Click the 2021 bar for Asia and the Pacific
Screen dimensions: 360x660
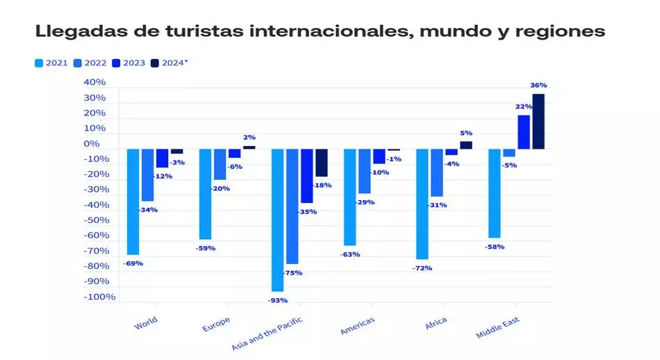tap(277, 220)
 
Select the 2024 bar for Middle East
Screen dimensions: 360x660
tap(538, 121)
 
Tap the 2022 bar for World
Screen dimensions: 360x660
tap(147, 174)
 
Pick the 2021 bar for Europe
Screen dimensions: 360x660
tap(205, 194)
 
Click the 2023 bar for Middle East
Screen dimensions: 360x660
tap(524, 131)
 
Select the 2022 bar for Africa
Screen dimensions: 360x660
tap(436, 172)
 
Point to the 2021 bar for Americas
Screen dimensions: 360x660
tap(349, 197)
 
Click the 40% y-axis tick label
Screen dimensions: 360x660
tap(94, 82)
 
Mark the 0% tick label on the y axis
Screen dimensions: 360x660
tap(92, 144)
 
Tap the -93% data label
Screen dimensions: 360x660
tap(278, 300)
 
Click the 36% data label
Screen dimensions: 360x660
tap(538, 85)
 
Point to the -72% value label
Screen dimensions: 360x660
tap(422, 268)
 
